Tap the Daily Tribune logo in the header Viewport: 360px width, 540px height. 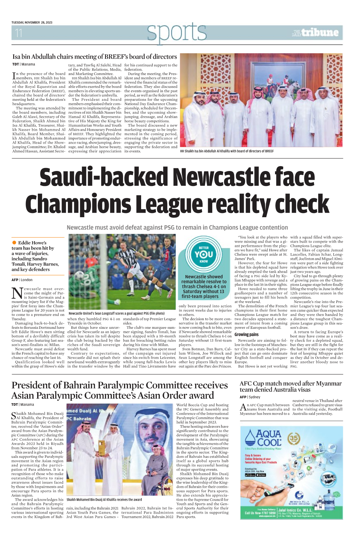[315, 33]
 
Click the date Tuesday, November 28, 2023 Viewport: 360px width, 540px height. [32, 22]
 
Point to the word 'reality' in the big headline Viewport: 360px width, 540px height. [237, 204]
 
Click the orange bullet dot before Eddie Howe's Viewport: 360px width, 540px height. [14, 243]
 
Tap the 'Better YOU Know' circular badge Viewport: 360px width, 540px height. [204, 254]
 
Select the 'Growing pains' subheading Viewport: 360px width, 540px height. [247, 334]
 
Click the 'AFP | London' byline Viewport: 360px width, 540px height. [22, 280]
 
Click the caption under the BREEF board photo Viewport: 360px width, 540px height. [227, 151]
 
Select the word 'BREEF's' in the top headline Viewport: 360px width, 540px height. [117, 57]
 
